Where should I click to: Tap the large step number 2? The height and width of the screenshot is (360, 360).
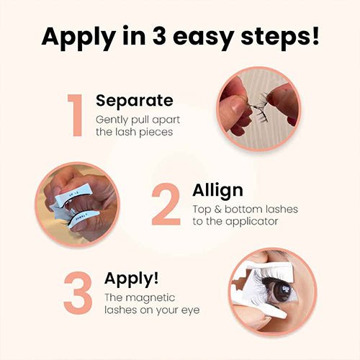(x=166, y=204)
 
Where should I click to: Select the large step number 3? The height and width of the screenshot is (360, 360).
(x=78, y=293)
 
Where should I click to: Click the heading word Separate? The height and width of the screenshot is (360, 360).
(x=135, y=101)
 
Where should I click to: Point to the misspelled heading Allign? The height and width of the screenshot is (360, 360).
(x=217, y=191)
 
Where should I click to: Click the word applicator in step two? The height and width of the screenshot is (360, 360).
(x=251, y=222)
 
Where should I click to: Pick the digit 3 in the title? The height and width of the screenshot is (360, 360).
(x=159, y=35)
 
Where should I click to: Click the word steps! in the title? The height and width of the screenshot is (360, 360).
(x=280, y=37)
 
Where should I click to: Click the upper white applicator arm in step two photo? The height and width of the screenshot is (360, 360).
(x=74, y=194)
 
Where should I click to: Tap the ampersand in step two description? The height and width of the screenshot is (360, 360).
(x=217, y=210)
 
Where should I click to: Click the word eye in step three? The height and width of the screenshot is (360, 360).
(x=191, y=311)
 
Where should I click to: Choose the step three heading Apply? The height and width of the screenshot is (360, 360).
(x=132, y=279)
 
